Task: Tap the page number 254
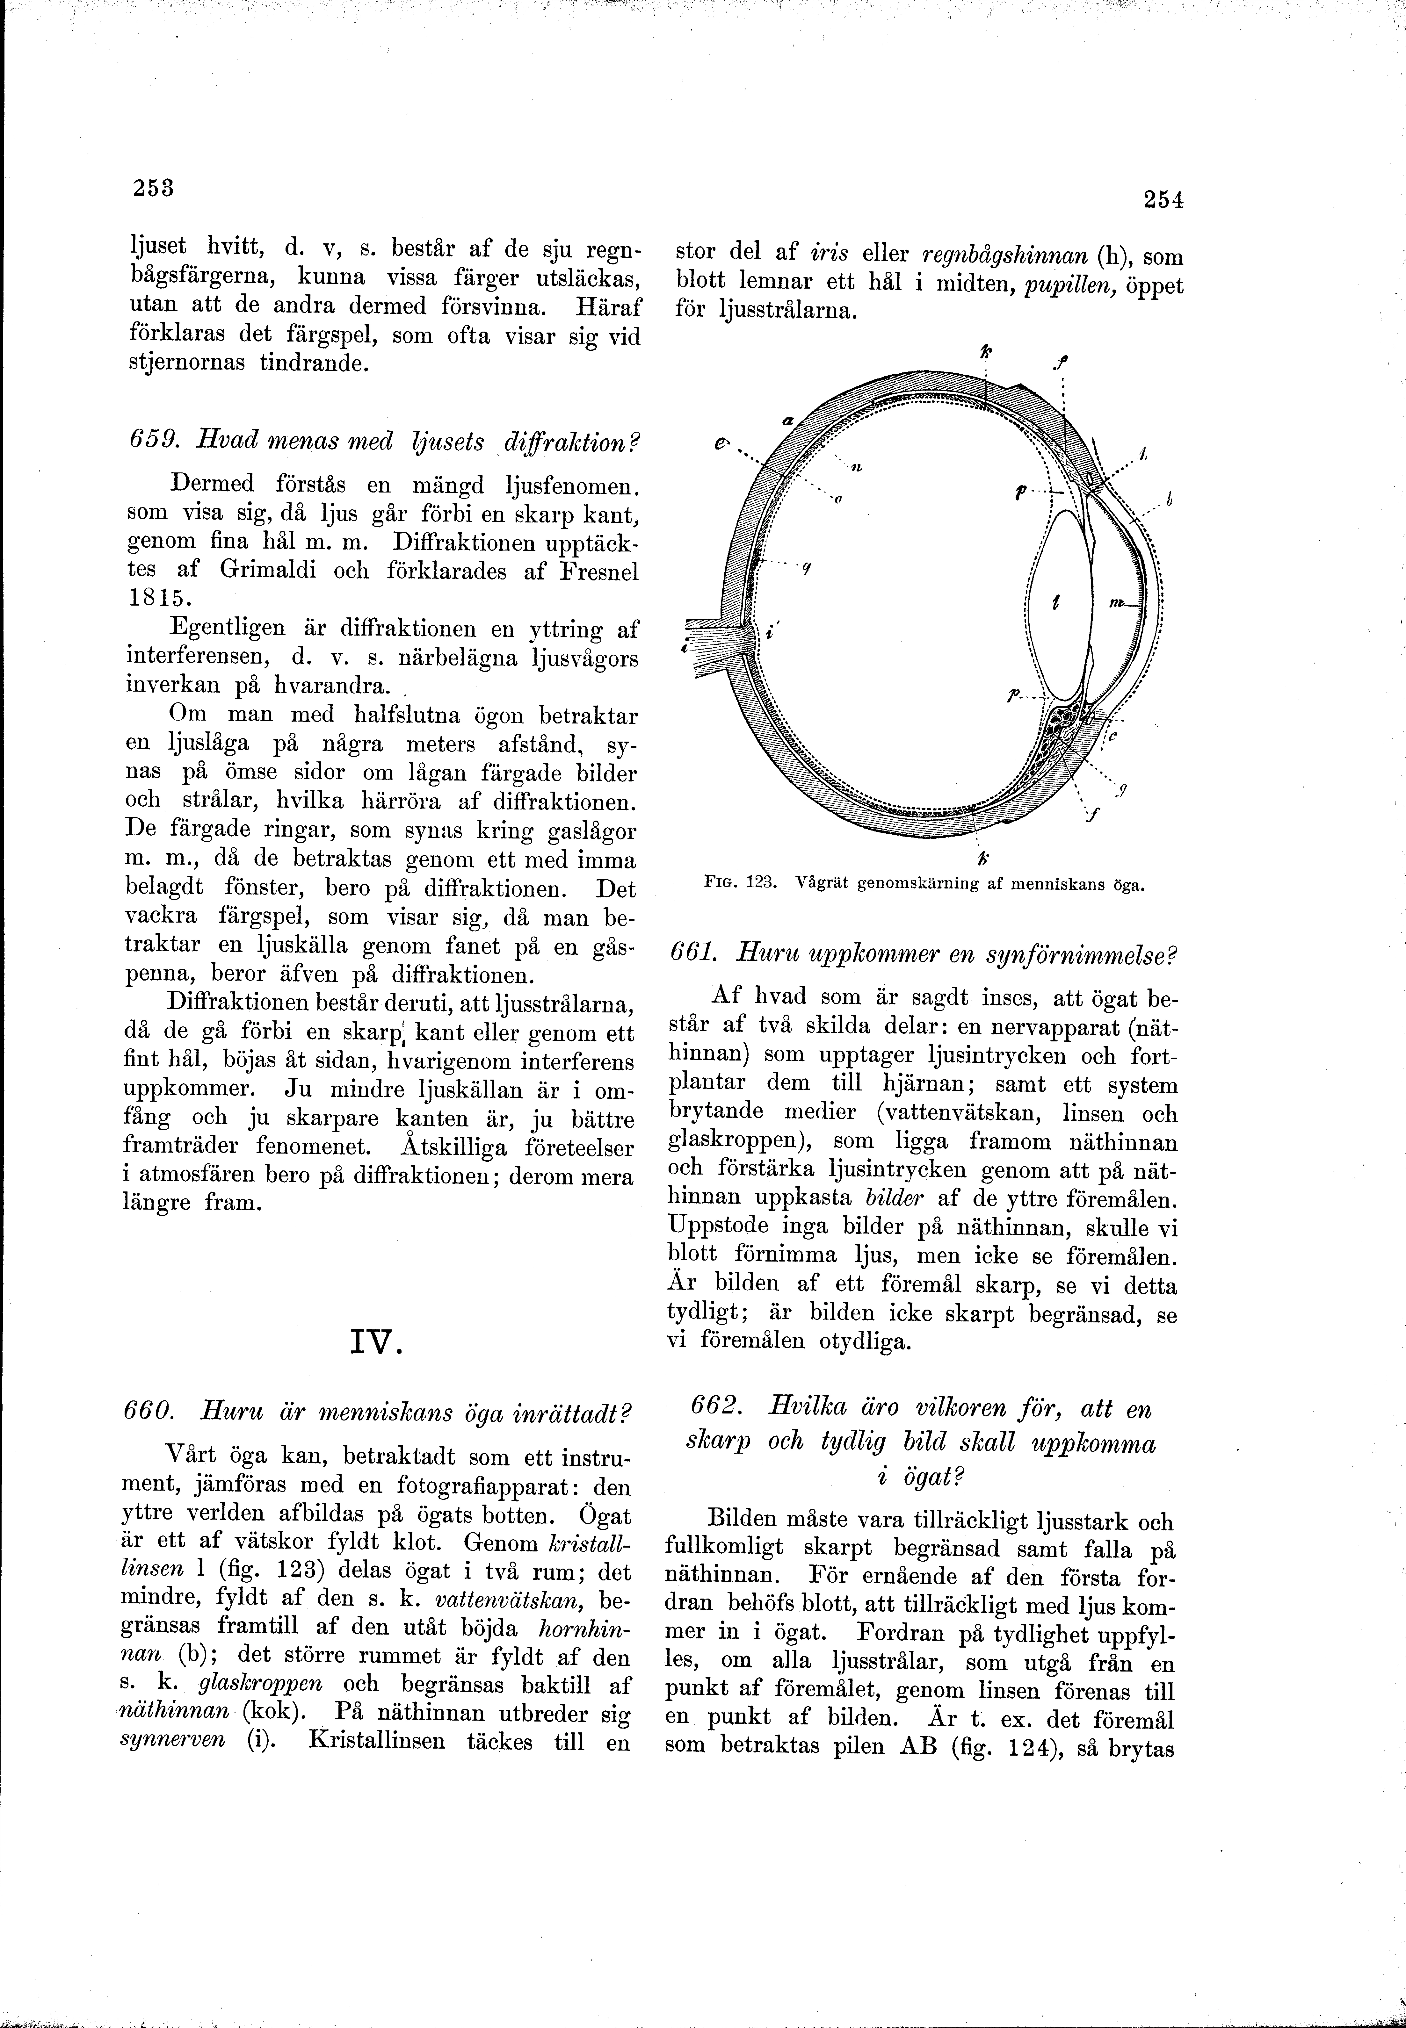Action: [1163, 200]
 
